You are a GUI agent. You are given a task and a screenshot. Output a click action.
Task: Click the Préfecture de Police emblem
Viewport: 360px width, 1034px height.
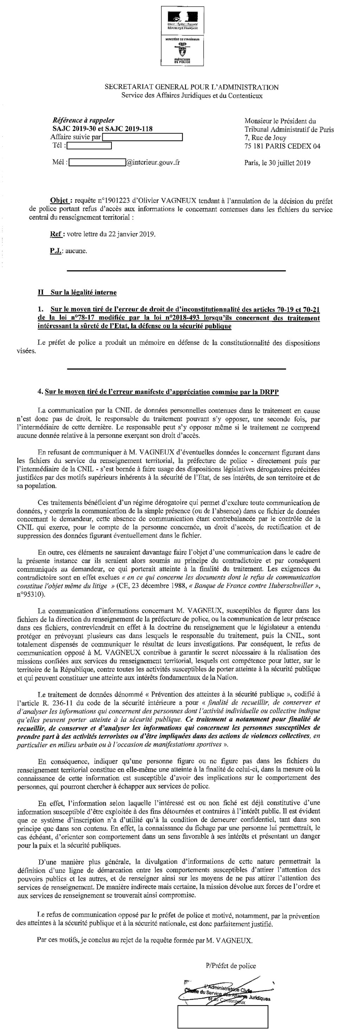click(x=182, y=51)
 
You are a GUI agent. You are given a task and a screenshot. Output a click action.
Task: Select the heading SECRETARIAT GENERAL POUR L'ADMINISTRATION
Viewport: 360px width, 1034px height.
click(x=192, y=87)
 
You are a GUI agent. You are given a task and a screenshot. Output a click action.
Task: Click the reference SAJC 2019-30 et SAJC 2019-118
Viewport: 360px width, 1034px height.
click(x=102, y=129)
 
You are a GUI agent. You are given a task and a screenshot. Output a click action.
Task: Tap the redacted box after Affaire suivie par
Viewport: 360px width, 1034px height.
click(x=142, y=137)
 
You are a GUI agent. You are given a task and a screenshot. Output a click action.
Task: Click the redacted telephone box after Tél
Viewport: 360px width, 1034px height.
click(x=89, y=146)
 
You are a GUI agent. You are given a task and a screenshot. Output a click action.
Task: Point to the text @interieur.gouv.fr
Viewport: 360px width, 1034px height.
click(x=153, y=162)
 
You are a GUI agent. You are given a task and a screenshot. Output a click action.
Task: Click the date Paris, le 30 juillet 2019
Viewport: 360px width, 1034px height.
click(x=277, y=163)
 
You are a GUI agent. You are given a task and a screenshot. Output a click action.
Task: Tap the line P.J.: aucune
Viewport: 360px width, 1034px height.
click(x=68, y=251)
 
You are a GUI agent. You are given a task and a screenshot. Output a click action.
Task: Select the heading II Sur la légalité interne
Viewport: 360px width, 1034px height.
click(x=77, y=292)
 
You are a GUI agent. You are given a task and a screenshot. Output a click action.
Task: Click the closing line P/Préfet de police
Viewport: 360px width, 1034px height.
click(x=230, y=965)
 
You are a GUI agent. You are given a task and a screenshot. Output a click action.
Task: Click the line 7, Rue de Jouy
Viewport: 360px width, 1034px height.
click(x=265, y=138)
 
